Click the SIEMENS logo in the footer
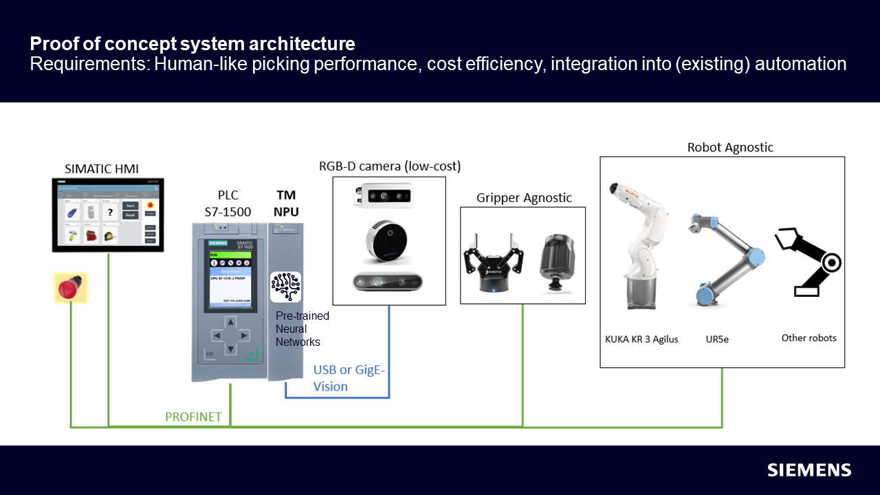809,470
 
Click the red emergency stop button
70,287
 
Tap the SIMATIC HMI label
102,168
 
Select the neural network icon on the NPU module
285,287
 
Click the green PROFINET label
193,417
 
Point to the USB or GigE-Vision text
349,378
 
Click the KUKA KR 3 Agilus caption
641,339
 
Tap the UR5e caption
717,339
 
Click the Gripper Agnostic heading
524,198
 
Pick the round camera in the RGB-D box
387,243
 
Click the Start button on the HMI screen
131,205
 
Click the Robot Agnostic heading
730,148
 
